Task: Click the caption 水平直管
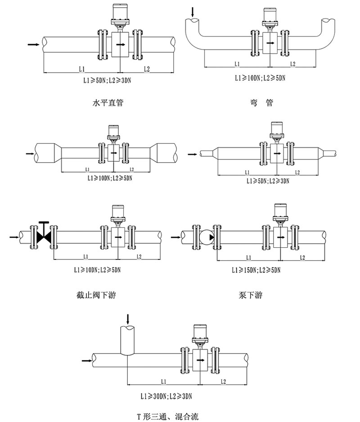[108, 103]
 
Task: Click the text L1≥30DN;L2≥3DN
[166, 396]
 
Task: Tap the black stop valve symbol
[43, 236]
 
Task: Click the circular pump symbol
[205, 236]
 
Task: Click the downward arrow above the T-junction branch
[129, 318]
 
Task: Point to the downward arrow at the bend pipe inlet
[193, 11]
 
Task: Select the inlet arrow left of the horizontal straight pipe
[33, 44]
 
